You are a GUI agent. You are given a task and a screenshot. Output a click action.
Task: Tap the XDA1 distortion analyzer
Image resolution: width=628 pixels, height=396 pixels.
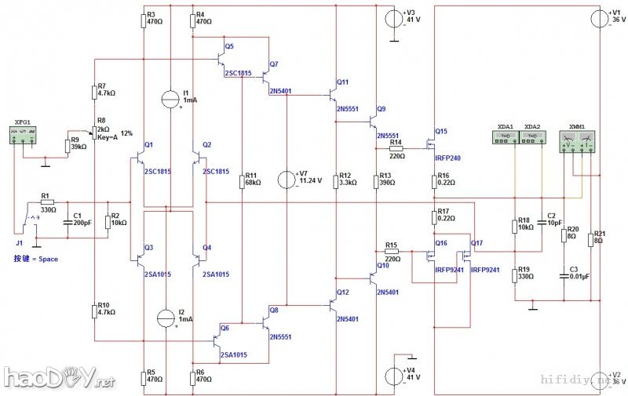pos(506,136)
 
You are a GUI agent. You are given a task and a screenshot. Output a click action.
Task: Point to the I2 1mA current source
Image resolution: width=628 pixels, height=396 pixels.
pos(166,318)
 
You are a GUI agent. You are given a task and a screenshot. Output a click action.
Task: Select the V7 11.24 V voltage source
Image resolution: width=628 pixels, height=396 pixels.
pos(287,180)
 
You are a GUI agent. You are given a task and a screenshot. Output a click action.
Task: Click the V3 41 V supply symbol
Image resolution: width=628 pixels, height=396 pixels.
pos(396,17)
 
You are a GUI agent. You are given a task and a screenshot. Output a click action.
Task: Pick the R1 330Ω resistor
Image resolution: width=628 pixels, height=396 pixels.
pos(46,202)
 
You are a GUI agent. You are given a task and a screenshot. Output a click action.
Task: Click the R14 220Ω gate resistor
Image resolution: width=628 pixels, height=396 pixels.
pos(395,147)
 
